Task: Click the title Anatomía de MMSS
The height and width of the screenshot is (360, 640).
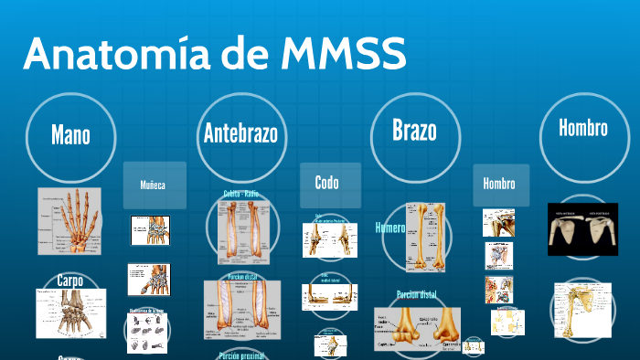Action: coord(214,56)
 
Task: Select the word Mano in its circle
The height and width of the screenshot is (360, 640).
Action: coord(70,136)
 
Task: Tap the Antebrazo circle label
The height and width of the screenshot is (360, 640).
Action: coord(240,135)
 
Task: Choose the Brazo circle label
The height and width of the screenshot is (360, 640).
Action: coord(414,131)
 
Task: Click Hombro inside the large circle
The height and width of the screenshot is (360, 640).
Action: coord(583,128)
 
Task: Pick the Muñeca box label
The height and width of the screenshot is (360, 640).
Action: coord(154,185)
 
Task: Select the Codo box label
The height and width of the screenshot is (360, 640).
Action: coord(326,183)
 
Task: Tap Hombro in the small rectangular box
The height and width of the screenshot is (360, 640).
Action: coord(499,184)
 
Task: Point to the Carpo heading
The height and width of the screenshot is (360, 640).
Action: coord(70,280)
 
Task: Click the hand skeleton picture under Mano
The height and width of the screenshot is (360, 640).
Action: coord(69,221)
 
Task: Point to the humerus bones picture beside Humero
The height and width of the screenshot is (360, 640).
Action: coord(427,238)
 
